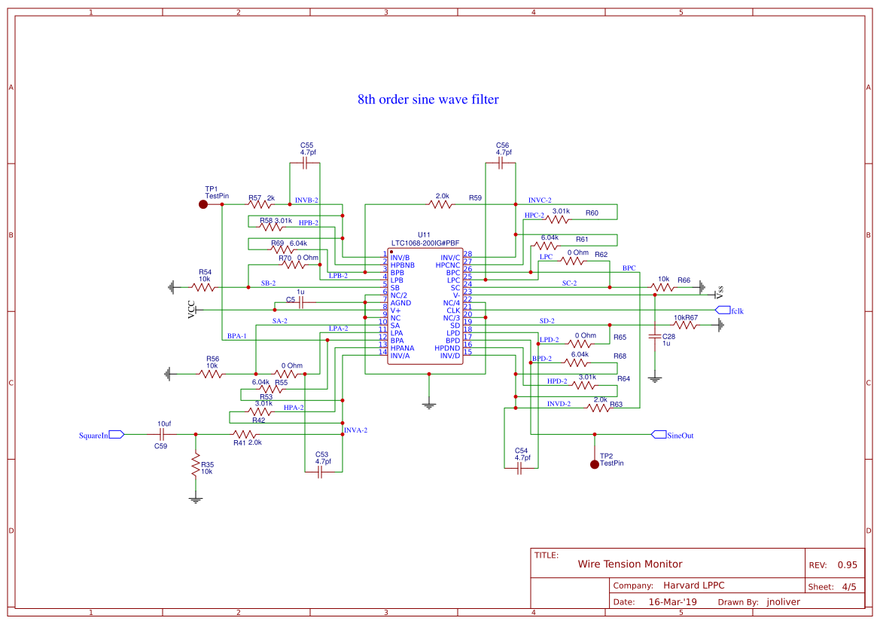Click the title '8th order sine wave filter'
(x=428, y=99)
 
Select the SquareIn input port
(x=116, y=435)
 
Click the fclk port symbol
(x=722, y=310)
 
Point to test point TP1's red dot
(x=202, y=204)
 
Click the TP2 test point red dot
(x=594, y=464)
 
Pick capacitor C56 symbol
(x=502, y=162)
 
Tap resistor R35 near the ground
(x=196, y=467)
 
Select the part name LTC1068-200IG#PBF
(x=425, y=243)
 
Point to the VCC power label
(x=191, y=309)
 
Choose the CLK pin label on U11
(x=453, y=310)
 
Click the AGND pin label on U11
(x=400, y=303)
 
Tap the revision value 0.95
(x=848, y=564)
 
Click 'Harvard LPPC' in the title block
(x=693, y=586)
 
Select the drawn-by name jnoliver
(x=783, y=602)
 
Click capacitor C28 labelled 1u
(x=655, y=337)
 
